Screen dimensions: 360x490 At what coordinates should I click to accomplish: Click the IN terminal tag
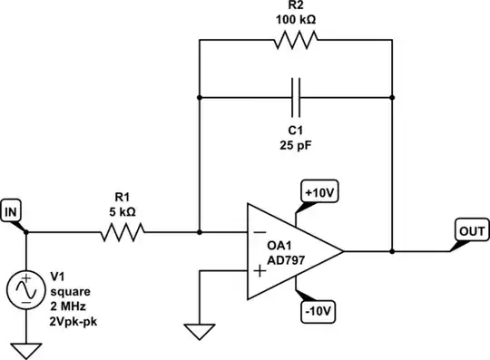(x=13, y=212)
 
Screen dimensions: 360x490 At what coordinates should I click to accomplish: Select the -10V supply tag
(x=318, y=310)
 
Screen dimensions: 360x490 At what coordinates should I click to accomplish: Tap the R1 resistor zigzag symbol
(x=122, y=233)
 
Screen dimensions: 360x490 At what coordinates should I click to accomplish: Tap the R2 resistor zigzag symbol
(x=295, y=41)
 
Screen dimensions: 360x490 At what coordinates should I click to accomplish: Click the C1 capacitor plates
(x=295, y=93)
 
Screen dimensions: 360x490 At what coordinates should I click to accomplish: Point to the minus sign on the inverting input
(x=260, y=233)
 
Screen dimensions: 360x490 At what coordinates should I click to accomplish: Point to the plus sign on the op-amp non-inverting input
(x=260, y=270)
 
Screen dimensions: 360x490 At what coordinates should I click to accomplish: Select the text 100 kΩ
(x=295, y=17)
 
